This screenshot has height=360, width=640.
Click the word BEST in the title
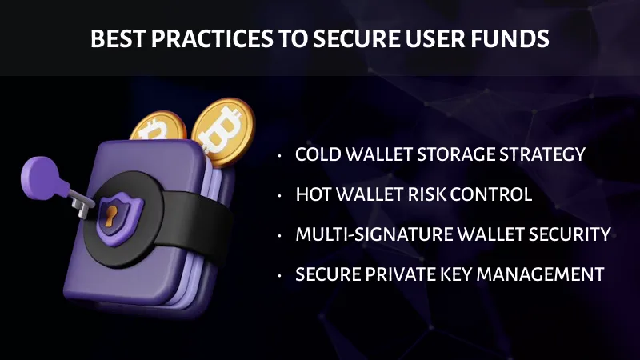112,38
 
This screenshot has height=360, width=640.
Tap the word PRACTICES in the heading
189,38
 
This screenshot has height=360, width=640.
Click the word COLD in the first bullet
318,154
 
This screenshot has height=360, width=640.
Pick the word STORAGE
459,154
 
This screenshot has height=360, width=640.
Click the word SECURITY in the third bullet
569,234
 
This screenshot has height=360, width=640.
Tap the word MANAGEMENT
546,274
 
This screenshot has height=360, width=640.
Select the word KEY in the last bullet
473,274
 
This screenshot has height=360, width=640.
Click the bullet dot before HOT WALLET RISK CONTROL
280,196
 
